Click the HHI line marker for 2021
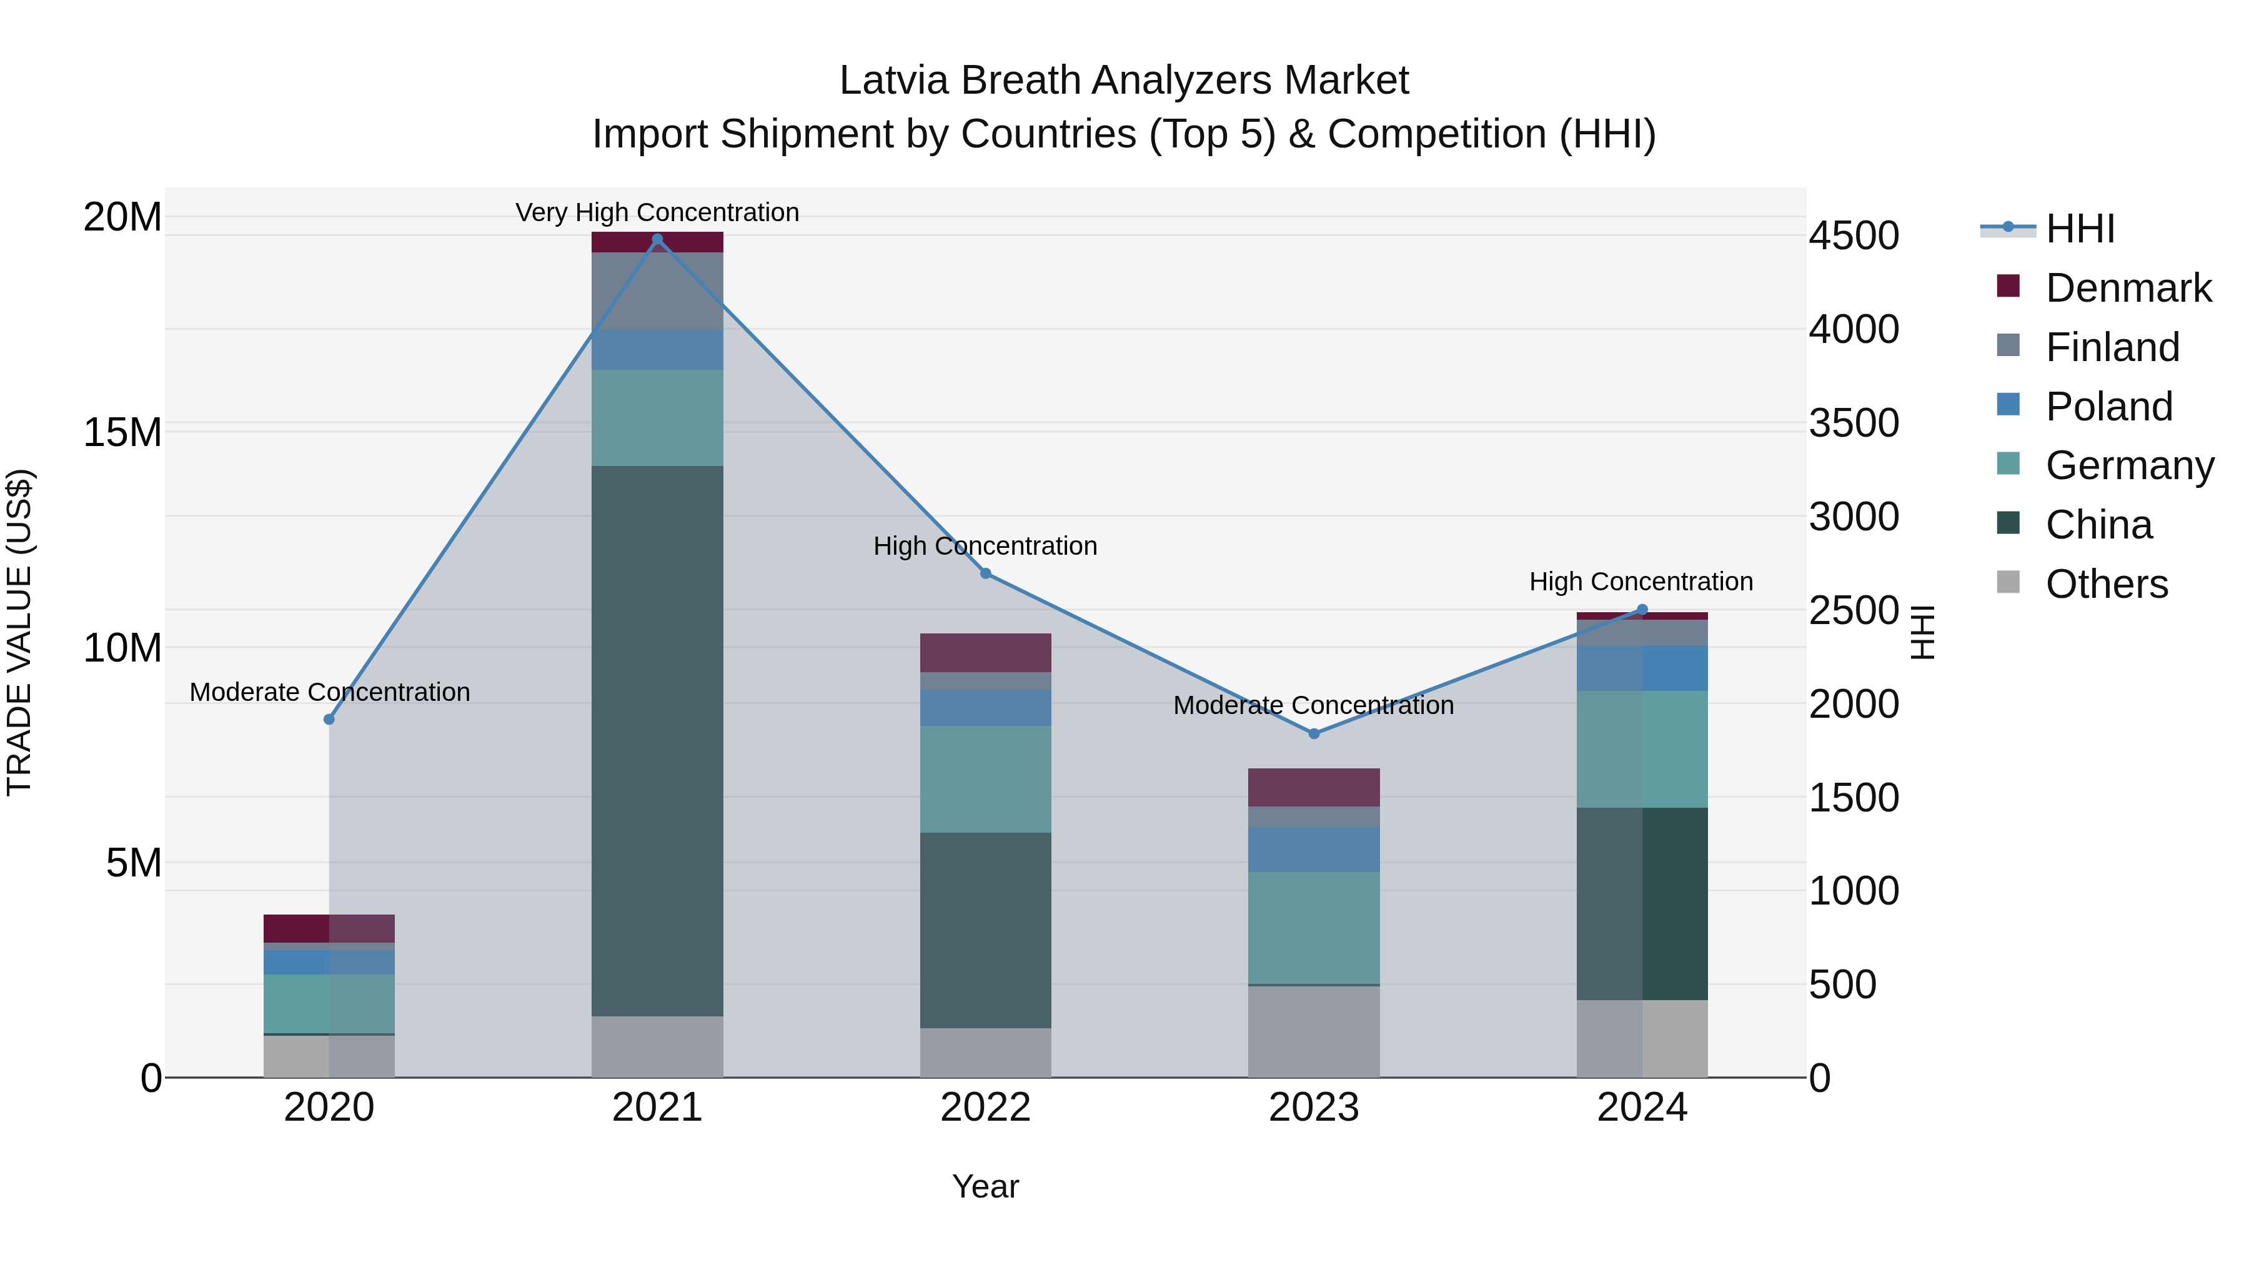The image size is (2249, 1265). click(657, 239)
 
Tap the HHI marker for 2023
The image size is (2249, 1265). click(1314, 733)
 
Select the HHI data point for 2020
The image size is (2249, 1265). click(329, 720)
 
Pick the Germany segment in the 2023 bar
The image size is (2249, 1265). click(1314, 928)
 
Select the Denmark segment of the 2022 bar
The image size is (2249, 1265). click(986, 652)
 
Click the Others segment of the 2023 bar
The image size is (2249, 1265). click(1314, 1031)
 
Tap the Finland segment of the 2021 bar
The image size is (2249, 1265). click(657, 290)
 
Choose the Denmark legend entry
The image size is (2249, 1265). click(2128, 288)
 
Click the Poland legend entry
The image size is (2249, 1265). click(2108, 407)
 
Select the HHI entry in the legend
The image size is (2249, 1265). click(2080, 229)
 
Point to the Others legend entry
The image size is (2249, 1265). click(2106, 584)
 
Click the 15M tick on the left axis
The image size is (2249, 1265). click(122, 432)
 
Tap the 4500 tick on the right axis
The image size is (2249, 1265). click(1853, 236)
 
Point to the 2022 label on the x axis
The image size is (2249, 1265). click(986, 1108)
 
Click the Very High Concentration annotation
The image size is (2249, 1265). click(657, 212)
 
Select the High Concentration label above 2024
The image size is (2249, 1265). click(1641, 582)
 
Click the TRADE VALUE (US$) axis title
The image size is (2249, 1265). click(19, 632)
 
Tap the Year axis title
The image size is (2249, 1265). click(986, 1186)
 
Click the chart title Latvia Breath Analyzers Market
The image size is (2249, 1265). click(1124, 81)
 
